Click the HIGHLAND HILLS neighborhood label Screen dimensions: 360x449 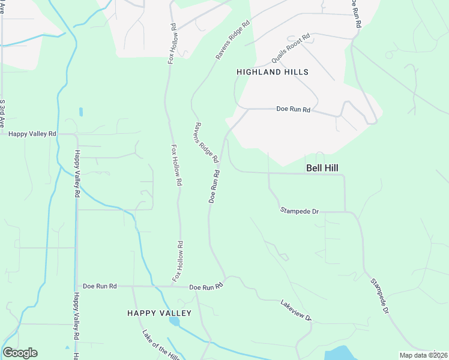click(x=273, y=72)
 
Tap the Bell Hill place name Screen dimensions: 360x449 click(x=323, y=169)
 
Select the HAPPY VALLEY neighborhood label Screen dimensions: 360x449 click(x=159, y=313)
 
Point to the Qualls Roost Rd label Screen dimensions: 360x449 click(x=291, y=49)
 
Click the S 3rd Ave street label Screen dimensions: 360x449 click(x=3, y=114)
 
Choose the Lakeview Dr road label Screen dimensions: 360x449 click(x=297, y=310)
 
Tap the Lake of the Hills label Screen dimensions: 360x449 click(x=161, y=345)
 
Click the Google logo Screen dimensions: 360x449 click(x=20, y=353)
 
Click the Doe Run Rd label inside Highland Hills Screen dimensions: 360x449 click(x=293, y=110)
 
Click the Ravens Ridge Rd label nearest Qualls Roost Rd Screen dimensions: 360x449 click(x=232, y=41)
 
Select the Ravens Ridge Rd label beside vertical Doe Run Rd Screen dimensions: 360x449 click(x=205, y=143)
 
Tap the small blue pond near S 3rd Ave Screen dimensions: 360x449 click(x=80, y=112)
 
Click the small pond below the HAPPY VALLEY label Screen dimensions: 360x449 click(x=174, y=322)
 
